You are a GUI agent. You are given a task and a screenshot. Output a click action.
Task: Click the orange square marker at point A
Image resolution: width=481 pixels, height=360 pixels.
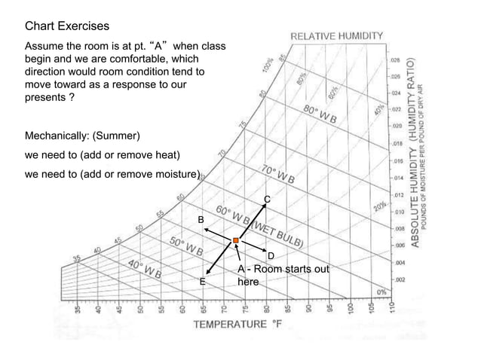point(236,240)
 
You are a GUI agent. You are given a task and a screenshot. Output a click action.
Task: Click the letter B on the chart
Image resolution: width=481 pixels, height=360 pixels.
point(201,219)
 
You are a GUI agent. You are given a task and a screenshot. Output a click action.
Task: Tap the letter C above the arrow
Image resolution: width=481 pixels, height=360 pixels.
point(266,199)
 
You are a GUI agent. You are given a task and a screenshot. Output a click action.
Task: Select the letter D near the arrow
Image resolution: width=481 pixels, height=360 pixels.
point(271,256)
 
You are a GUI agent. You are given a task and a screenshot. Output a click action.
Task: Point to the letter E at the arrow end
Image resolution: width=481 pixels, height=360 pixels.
point(202,281)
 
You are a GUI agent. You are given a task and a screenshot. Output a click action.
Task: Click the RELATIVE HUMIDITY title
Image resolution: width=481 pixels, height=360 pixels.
point(337,35)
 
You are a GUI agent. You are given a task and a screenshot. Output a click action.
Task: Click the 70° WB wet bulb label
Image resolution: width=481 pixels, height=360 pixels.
point(278,174)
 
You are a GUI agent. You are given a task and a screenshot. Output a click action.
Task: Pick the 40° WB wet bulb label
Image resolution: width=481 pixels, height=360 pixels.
point(142,269)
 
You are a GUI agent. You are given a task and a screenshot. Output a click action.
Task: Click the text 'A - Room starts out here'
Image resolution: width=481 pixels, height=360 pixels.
point(282,276)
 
